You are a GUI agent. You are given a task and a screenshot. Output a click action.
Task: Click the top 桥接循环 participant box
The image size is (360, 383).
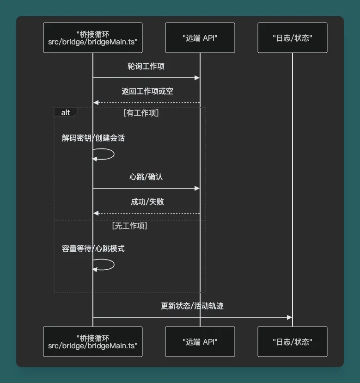click(92, 38)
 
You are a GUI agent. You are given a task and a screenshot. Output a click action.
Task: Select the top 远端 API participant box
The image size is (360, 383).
click(200, 38)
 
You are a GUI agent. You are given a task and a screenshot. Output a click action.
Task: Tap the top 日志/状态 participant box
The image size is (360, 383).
click(292, 38)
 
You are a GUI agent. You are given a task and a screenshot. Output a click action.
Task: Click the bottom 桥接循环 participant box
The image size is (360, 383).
click(92, 341)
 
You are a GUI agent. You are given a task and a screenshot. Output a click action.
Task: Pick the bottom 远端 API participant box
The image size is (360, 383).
click(200, 341)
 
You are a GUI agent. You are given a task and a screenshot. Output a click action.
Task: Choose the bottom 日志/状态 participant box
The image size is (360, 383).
click(292, 341)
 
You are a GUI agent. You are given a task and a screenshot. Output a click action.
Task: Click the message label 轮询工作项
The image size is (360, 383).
click(146, 66)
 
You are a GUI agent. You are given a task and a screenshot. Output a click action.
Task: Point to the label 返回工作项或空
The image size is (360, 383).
click(147, 91)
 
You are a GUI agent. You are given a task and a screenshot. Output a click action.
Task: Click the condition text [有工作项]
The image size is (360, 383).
click(141, 112)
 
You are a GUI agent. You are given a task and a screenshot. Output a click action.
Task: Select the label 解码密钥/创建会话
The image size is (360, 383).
click(93, 138)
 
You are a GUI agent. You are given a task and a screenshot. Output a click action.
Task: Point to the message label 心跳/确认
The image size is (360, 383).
click(146, 177)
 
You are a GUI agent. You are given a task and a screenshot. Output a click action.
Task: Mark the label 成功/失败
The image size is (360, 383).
click(147, 202)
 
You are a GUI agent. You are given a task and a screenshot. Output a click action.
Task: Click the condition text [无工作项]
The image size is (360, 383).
click(129, 226)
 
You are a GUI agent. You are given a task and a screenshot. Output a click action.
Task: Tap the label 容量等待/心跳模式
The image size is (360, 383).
click(93, 248)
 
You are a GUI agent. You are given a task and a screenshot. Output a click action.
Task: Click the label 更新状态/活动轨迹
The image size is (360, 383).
click(192, 306)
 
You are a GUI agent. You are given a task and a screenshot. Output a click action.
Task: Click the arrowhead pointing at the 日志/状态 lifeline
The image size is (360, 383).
click(289, 317)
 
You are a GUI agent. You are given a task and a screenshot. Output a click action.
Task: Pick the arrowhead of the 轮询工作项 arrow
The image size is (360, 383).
click(197, 78)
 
